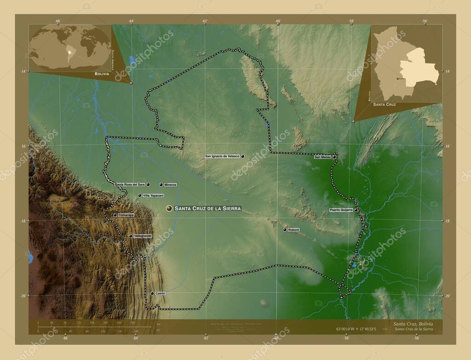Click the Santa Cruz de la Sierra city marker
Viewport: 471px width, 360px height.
[170, 208]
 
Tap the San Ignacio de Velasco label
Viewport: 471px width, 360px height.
[222, 157]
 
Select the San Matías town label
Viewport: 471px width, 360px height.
[322, 157]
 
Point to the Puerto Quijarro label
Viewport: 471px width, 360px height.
[341, 210]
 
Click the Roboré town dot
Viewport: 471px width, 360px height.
[285, 229]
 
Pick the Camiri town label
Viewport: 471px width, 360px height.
[160, 293]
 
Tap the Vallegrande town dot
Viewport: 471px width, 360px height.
[131, 236]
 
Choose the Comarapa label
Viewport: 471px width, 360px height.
[126, 215]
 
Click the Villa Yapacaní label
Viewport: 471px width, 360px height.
[154, 196]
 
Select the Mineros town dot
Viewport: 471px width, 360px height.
[161, 184]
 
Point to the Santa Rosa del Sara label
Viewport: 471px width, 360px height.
[130, 184]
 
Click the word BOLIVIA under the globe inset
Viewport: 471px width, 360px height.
[102, 74]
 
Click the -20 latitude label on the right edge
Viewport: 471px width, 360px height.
[448, 296]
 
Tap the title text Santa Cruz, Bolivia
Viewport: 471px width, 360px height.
[413, 324]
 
